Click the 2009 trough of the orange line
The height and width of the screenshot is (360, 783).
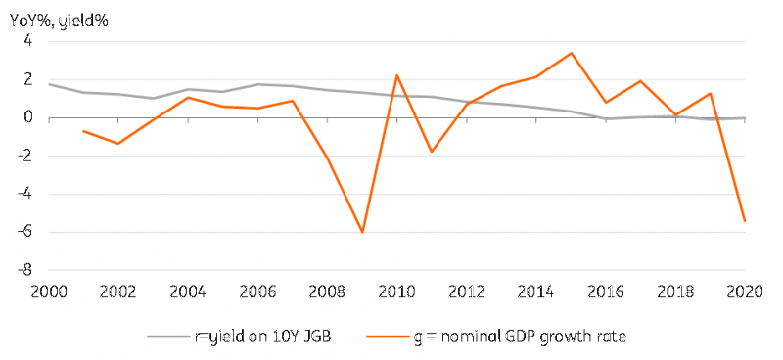coord(362,232)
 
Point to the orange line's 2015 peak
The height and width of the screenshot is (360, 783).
coord(572,53)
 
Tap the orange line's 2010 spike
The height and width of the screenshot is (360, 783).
coord(396,75)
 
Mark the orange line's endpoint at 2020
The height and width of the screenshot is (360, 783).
coord(745,221)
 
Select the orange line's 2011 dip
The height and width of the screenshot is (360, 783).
coord(432,152)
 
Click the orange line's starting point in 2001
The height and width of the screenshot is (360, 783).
coord(83,131)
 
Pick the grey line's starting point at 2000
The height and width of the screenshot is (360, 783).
coord(49,84)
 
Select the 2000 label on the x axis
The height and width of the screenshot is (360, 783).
coord(49,292)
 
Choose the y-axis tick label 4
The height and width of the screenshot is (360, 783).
coord(28,41)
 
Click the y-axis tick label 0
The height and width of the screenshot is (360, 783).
coord(28,117)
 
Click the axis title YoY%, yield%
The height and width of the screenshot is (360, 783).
coord(59,22)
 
